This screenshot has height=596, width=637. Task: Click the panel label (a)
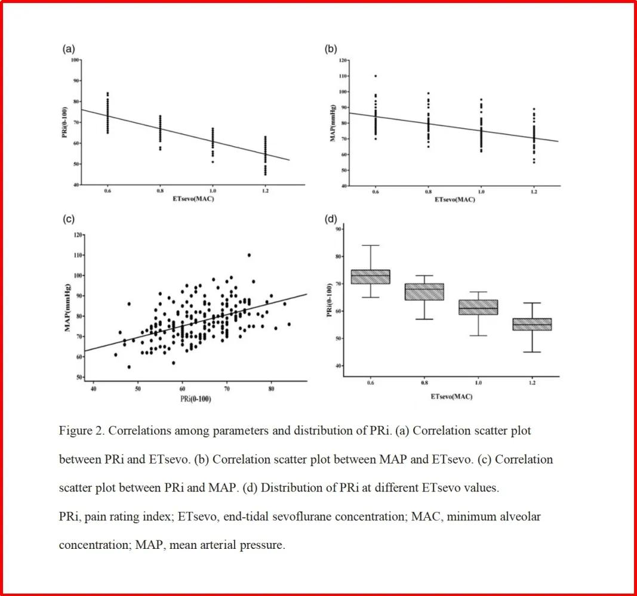[x=69, y=50]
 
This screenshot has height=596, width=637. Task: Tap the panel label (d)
[x=330, y=219]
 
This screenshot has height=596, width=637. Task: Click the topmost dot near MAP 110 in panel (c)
[x=249, y=255]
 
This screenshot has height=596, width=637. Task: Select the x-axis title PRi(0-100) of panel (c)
[x=194, y=398]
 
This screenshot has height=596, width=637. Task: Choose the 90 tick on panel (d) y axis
[x=338, y=229]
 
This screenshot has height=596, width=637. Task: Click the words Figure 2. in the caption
[x=82, y=430]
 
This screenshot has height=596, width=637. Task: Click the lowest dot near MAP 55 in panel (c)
[x=129, y=367]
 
